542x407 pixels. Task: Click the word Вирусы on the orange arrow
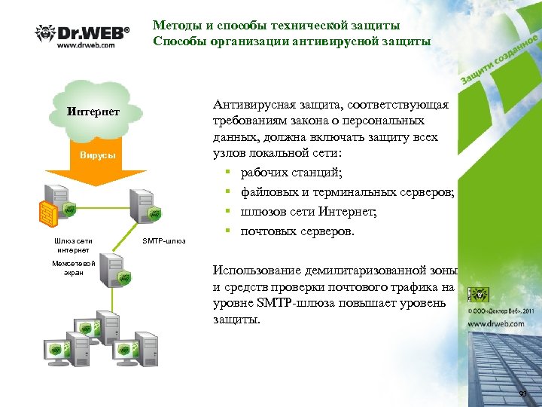pos(97,155)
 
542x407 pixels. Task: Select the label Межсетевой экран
pos(69,268)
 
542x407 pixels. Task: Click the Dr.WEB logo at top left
pos(83,33)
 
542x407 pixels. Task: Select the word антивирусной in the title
pos(352,41)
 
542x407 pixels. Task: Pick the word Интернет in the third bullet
pos(346,212)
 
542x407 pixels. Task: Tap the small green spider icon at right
pos(477,294)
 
